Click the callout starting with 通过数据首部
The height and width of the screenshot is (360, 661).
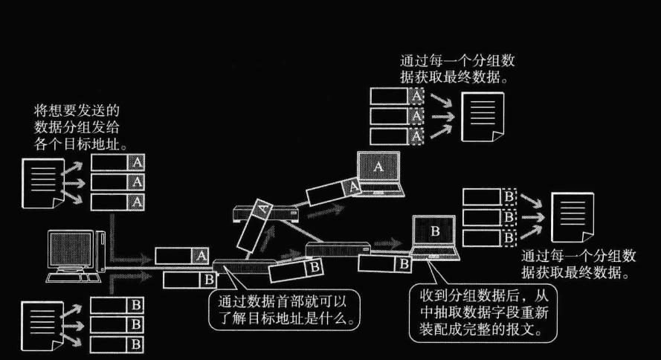[285, 311]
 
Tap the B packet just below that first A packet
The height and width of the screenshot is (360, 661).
[189, 279]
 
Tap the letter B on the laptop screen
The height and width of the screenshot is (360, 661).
[436, 230]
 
